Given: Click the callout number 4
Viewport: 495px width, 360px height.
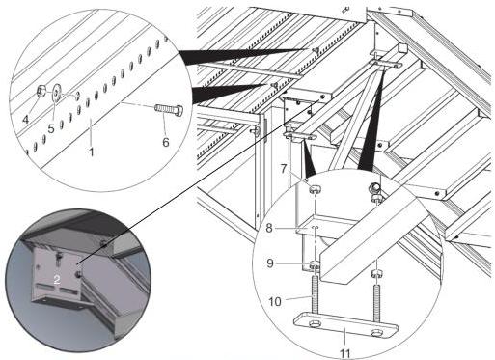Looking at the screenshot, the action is tap(25, 120).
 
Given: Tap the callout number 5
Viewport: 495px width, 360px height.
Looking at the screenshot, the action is tap(51, 128).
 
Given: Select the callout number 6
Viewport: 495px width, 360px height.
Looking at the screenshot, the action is tap(166, 142).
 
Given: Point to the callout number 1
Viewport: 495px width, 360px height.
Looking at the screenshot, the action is tap(92, 152).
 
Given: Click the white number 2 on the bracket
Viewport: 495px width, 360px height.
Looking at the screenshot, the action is tap(57, 280).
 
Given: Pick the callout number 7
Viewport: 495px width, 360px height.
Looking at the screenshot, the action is tap(284, 169).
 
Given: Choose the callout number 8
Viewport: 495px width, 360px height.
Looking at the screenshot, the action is tap(269, 228).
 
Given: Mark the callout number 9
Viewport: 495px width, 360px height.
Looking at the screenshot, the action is tap(270, 263).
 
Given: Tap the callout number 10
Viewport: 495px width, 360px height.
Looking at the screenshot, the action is tap(275, 302).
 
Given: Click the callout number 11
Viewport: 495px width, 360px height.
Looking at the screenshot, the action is tap(344, 353).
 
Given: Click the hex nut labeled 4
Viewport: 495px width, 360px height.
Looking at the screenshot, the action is tap(41, 91).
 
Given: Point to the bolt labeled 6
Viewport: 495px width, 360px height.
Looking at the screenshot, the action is tap(169, 109).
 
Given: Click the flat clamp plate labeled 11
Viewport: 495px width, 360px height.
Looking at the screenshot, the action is tap(346, 324).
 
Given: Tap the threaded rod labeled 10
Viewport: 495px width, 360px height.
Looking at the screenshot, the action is tap(315, 293).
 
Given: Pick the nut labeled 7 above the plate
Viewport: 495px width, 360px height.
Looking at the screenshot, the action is tap(315, 188).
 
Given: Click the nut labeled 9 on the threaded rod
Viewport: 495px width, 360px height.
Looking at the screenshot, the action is tap(315, 265).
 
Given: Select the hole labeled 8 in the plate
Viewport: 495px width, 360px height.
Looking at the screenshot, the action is tap(316, 228).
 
